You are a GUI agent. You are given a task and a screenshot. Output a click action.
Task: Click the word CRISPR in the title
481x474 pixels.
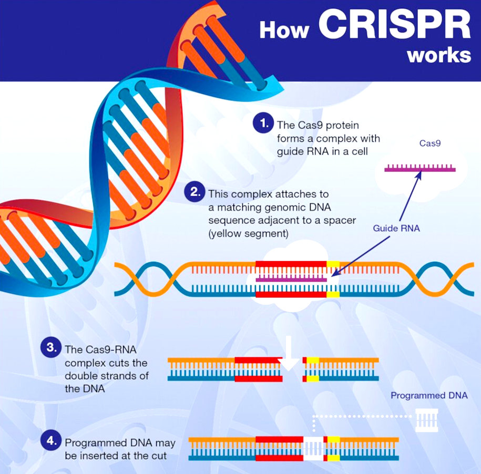point(394,24)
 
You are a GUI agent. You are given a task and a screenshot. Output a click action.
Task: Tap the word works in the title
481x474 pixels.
point(439,55)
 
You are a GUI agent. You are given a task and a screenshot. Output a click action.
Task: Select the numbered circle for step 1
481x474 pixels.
point(263,123)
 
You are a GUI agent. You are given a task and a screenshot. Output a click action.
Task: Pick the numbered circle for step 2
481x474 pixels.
point(194,192)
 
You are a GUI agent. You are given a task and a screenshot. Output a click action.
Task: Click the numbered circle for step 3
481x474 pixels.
point(51,348)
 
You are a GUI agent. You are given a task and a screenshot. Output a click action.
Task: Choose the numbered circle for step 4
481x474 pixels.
point(51,441)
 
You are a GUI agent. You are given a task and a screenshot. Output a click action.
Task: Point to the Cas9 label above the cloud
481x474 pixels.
point(430,143)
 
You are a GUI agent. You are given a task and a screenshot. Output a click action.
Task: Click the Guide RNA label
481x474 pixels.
point(396,228)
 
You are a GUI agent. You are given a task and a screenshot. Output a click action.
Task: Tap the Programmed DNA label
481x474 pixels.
point(429,396)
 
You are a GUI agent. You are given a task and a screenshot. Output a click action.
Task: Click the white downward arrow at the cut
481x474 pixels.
point(289,353)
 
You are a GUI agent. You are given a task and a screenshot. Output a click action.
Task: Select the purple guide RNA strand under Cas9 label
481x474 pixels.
point(420,168)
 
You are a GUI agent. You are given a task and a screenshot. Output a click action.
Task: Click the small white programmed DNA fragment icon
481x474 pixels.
point(427,420)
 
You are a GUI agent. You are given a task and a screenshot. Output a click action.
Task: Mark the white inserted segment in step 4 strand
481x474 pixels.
point(313,449)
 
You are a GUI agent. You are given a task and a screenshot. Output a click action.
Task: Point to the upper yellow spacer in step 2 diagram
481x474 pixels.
point(333,264)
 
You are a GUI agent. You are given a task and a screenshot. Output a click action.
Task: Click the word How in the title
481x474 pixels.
point(284,30)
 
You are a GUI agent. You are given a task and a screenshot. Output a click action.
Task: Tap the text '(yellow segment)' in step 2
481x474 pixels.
point(249,234)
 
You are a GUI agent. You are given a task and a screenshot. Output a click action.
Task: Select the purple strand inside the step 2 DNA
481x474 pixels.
point(291,280)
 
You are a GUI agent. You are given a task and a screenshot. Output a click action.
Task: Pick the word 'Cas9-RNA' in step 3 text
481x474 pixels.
point(111,349)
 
